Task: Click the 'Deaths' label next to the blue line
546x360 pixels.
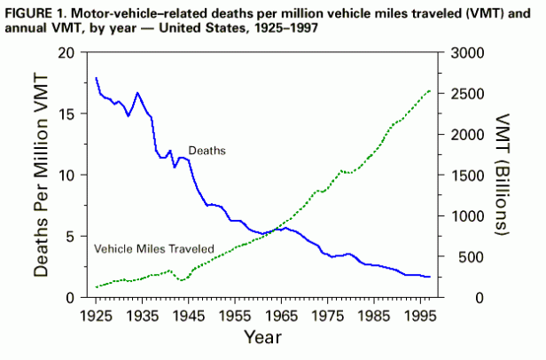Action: pyautogui.click(x=207, y=151)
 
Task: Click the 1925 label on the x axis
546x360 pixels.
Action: pyautogui.click(x=96, y=315)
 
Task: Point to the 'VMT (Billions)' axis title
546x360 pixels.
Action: pyautogui.click(x=503, y=175)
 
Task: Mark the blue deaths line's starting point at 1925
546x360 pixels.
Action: pyautogui.click(x=96, y=78)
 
